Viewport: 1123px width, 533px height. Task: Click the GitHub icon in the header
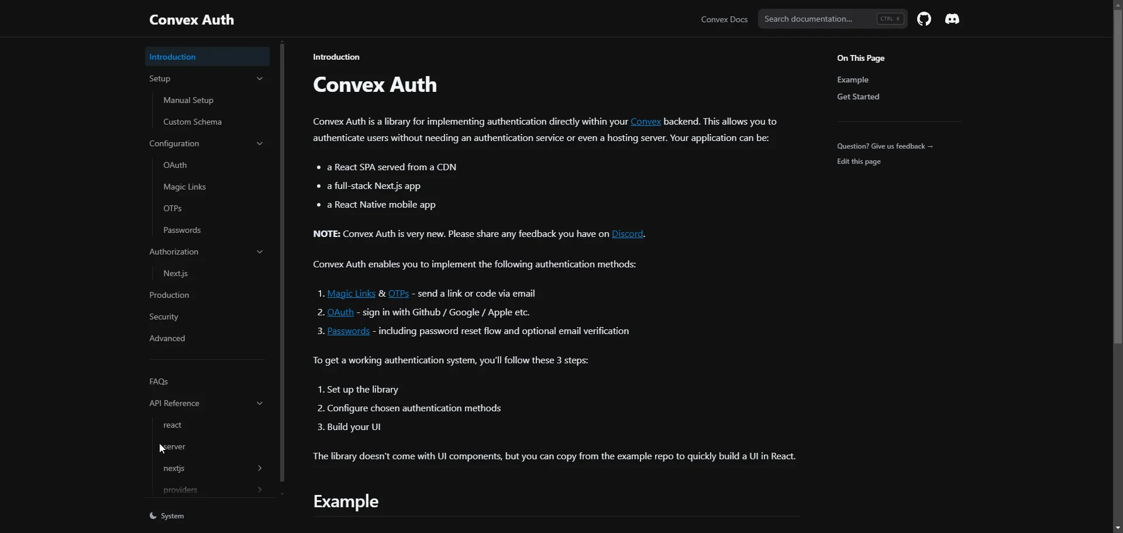pos(924,19)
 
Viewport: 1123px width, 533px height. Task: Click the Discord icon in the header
pos(952,19)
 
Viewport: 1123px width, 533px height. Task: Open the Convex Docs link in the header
pos(724,20)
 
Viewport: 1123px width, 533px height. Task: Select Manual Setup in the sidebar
pos(188,101)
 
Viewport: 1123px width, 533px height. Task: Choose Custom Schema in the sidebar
pos(192,122)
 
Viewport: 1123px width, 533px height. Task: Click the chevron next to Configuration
pos(260,144)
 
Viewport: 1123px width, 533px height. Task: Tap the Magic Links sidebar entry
pos(184,187)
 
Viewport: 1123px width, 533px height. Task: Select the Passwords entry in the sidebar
pos(182,231)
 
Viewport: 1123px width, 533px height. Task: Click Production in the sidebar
pos(169,295)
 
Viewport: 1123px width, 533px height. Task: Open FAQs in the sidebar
pos(159,382)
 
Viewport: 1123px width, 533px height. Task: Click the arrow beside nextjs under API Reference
pos(260,469)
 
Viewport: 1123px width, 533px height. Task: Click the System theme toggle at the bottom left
pos(167,516)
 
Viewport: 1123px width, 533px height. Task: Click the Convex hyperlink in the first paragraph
pos(646,122)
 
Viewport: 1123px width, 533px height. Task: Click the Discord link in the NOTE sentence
pos(628,234)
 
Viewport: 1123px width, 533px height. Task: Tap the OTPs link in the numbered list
pos(398,294)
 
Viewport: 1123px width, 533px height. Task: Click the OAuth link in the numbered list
pos(340,312)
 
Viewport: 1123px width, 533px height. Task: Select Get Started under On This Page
pos(858,97)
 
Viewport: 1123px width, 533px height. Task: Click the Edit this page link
pos(859,162)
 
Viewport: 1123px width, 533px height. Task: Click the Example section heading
pos(346,502)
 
